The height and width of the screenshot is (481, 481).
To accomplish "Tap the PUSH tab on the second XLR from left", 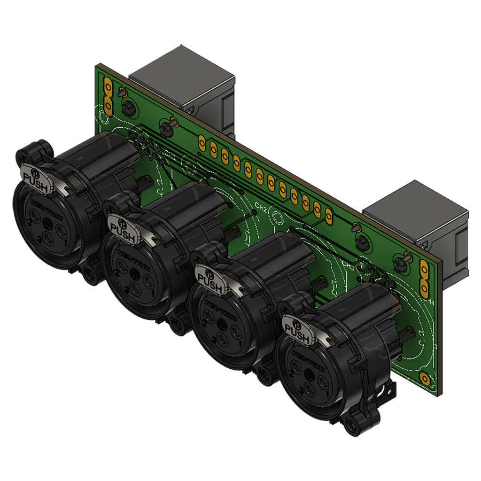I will coord(123,229).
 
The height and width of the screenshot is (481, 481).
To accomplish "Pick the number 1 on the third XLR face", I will coord(240,343).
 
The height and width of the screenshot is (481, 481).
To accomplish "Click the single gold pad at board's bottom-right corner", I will coord(425,379).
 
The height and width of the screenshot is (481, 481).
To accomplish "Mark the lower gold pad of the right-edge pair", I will coord(425,287).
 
